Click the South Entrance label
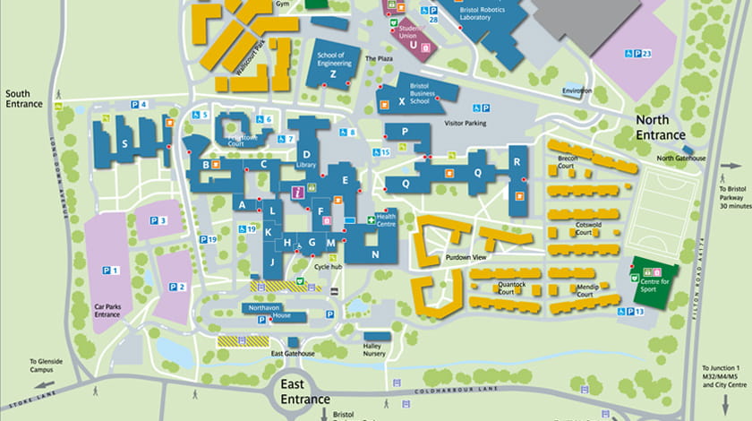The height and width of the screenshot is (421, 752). click(23, 99)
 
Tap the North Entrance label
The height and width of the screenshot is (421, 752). click(659, 127)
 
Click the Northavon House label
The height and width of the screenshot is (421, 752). click(269, 312)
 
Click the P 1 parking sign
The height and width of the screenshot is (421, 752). click(110, 270)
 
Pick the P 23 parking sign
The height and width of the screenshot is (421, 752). click(637, 55)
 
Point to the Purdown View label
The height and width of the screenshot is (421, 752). click(466, 257)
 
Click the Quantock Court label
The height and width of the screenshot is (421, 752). click(511, 288)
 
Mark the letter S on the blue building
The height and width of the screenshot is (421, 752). click(125, 144)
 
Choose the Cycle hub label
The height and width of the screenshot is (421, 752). click(328, 266)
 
